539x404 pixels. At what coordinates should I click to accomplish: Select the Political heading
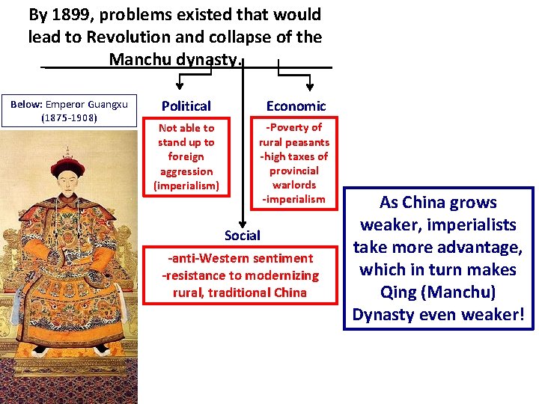pos(186,106)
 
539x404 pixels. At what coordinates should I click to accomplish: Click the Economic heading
pos(296,106)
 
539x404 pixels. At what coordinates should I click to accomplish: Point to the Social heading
pos(243,235)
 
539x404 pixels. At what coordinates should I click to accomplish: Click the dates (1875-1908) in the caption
pos(68,117)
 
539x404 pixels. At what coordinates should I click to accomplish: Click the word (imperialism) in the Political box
pos(186,186)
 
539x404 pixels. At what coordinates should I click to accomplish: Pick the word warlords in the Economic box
pos(294,184)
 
